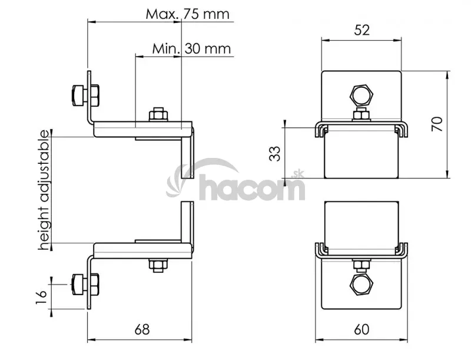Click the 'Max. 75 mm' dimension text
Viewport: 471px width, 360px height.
point(187,14)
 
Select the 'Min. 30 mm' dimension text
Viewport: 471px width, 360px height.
point(191,49)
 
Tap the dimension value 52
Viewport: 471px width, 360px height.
point(361,30)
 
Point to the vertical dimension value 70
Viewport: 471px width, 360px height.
point(437,124)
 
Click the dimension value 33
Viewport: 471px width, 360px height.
point(274,154)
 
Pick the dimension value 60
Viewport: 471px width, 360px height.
point(361,329)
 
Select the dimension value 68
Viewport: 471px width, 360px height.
point(142,329)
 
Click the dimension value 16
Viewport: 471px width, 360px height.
point(41,297)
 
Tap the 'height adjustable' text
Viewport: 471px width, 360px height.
point(44,190)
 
